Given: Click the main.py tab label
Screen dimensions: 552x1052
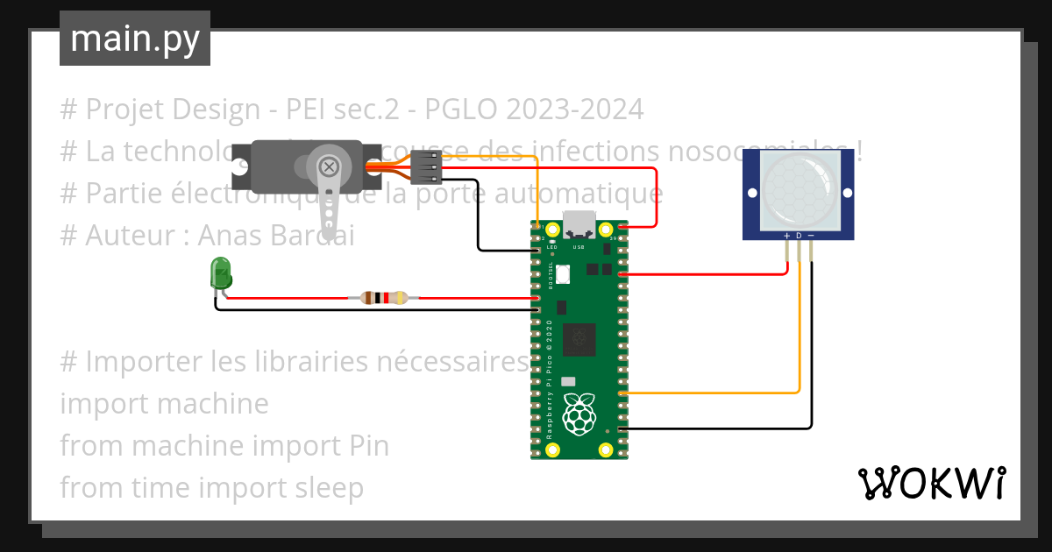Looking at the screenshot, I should point(134,39).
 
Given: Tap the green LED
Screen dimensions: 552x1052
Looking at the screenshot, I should point(219,275).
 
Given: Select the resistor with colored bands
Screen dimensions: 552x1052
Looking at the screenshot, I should point(384,298).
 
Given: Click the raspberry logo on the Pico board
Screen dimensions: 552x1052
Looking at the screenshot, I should point(579,414).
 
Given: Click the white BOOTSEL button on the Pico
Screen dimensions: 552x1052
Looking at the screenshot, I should point(562,274).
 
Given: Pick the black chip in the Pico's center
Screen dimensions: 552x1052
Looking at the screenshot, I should point(579,338).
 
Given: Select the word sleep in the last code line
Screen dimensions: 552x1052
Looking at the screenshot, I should point(330,487).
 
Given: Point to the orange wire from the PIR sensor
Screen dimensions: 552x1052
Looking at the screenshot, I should point(799,350).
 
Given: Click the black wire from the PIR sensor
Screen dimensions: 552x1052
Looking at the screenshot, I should point(811,368).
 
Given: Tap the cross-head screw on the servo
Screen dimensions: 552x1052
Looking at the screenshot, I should point(329,166).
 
